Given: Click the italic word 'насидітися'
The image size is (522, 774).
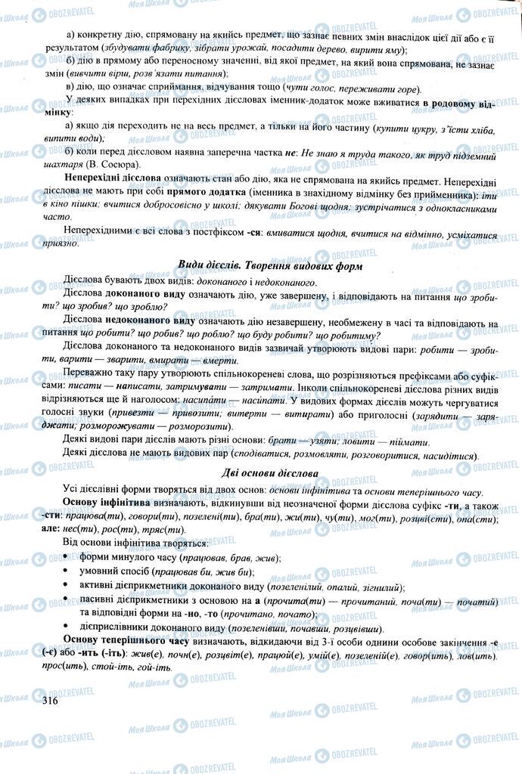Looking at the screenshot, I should tap(446, 456).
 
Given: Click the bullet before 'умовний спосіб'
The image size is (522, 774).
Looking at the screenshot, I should tap(70, 572).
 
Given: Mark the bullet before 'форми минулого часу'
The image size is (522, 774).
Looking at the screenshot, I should tap(70, 558).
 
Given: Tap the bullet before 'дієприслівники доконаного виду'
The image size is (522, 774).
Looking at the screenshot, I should tap(70, 628).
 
